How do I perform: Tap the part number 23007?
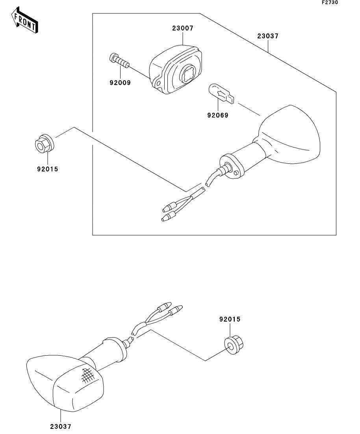point(182,28)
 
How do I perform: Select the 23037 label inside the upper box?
point(268,36)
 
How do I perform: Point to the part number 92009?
point(120,83)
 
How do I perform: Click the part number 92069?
point(217,115)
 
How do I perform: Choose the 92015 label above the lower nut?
point(230,319)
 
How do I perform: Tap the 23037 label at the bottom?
point(61,426)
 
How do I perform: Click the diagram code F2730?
point(330,3)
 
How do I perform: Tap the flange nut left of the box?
point(43,144)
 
